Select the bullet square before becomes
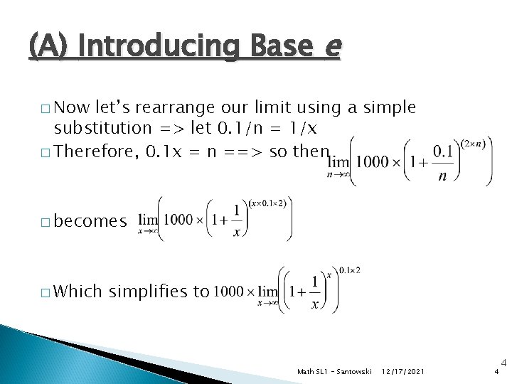click(x=46, y=223)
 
